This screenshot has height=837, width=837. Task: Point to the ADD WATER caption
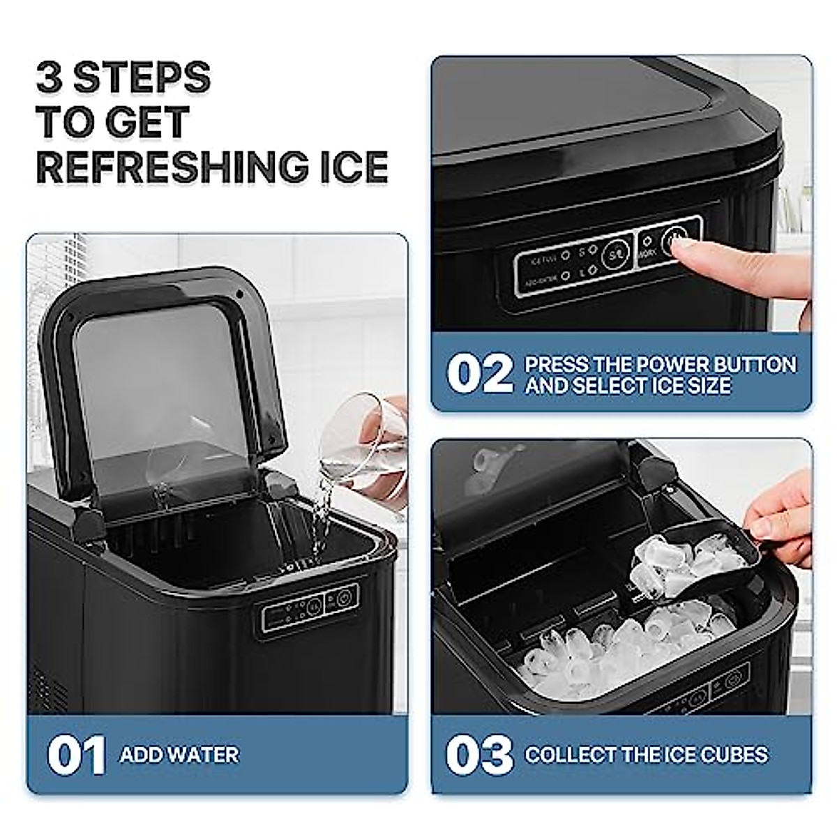(x=179, y=755)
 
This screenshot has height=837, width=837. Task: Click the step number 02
(x=480, y=375)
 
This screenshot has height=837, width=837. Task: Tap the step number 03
(x=480, y=755)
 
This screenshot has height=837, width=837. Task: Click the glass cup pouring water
(x=363, y=446)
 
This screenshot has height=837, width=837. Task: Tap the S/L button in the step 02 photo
(x=614, y=254)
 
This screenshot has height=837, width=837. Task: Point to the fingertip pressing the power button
(x=687, y=258)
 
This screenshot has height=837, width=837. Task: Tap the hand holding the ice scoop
(x=785, y=516)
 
